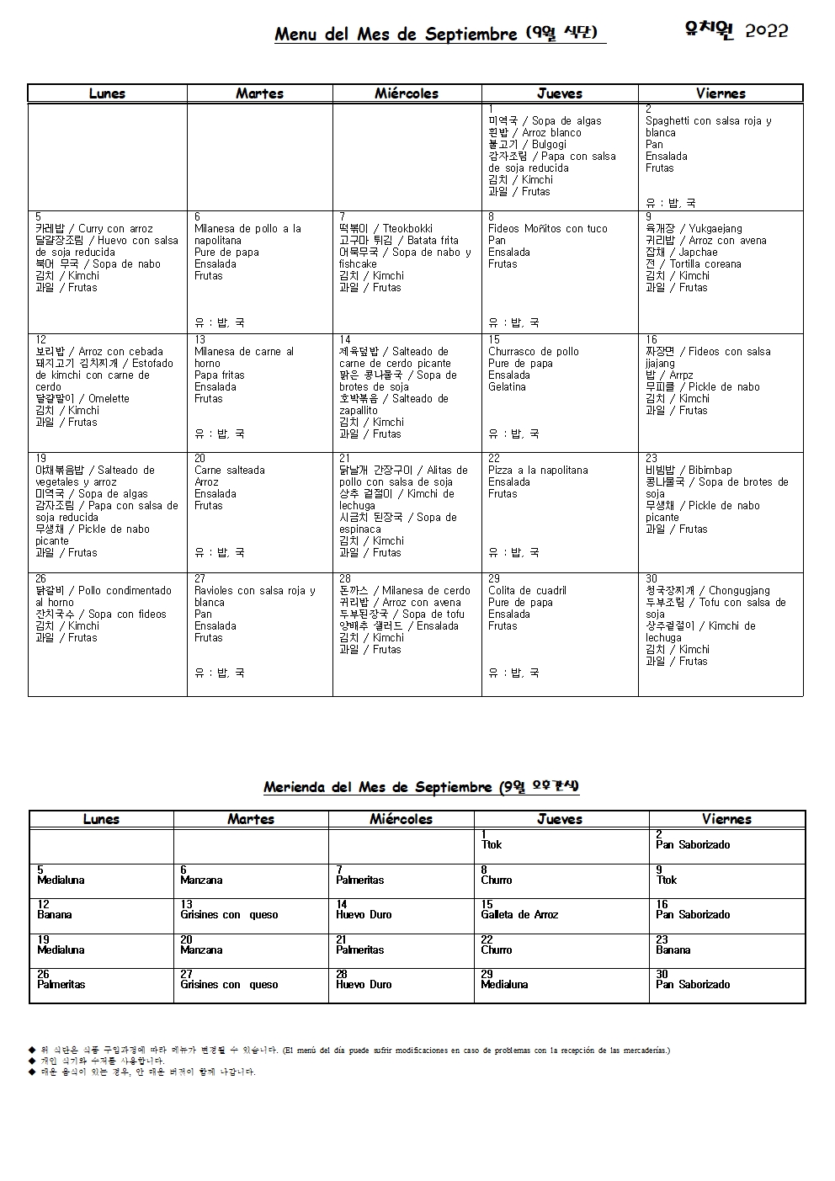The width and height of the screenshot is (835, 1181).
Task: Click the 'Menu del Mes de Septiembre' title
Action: pyautogui.click(x=396, y=35)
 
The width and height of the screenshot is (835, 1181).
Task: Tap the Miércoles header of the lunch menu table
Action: pyautogui.click(x=407, y=93)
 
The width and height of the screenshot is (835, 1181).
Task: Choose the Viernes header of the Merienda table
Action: pyautogui.click(x=726, y=819)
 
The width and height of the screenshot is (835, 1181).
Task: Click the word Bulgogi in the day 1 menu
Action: pyautogui.click(x=549, y=145)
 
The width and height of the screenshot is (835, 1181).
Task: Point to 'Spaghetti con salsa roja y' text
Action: pyautogui.click(x=708, y=121)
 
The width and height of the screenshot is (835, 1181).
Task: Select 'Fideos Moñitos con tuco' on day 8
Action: pyautogui.click(x=547, y=229)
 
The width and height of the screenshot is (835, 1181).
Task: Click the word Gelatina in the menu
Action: pyautogui.click(x=507, y=387)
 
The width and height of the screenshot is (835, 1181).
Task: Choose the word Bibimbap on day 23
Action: pyautogui.click(x=710, y=471)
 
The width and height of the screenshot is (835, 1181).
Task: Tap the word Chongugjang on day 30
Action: pyautogui.click(x=739, y=591)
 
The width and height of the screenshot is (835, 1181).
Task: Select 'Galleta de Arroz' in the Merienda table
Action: pyautogui.click(x=519, y=915)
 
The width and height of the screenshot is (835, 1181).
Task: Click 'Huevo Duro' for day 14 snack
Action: pyautogui.click(x=364, y=915)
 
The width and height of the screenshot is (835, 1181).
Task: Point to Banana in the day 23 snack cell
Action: pyautogui.click(x=673, y=950)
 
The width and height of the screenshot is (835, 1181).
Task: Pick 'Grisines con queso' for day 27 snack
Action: pyautogui.click(x=229, y=985)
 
